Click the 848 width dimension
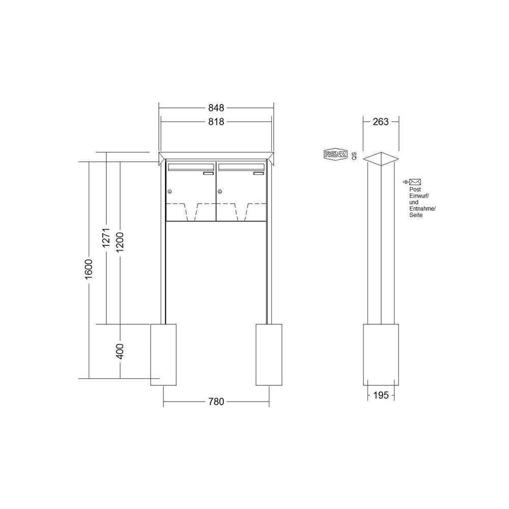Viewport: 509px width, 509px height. click(x=216, y=107)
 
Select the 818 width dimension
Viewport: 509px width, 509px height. click(x=216, y=122)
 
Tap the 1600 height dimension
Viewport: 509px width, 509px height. click(x=89, y=269)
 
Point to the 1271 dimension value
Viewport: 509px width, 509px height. click(x=107, y=238)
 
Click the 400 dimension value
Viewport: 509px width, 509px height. click(x=120, y=351)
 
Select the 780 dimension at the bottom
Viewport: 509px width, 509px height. click(x=216, y=402)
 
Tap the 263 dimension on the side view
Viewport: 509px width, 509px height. click(x=380, y=122)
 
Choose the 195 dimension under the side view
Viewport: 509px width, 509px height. click(x=381, y=395)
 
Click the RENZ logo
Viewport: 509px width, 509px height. click(x=335, y=155)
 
